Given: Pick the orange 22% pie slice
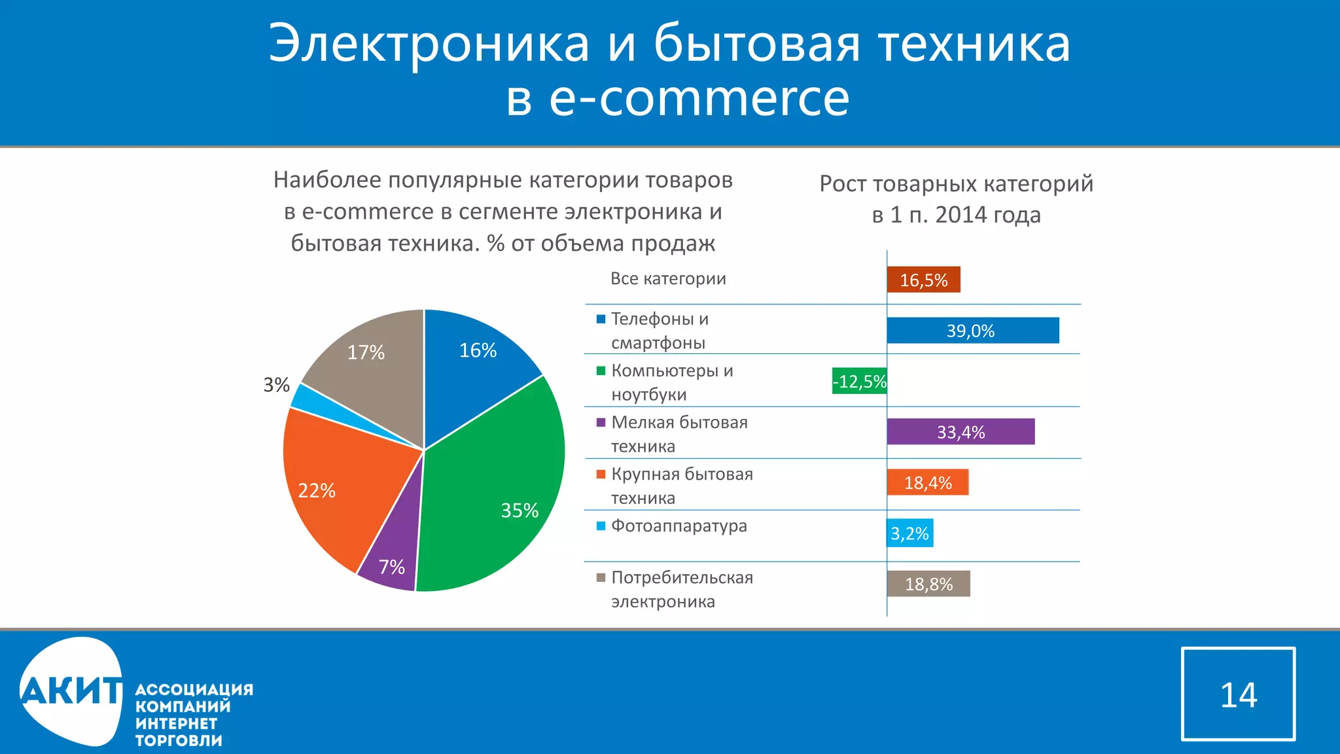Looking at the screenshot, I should pyautogui.click(x=334, y=484).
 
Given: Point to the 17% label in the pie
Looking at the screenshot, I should pyautogui.click(x=366, y=352).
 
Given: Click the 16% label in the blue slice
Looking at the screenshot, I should pyautogui.click(x=478, y=350).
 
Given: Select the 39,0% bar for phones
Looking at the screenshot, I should pyautogui.click(x=972, y=331).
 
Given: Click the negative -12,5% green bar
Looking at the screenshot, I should pyautogui.click(x=859, y=381).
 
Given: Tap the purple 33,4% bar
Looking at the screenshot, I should pyautogui.click(x=961, y=432).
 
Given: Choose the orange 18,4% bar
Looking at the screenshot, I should pyautogui.click(x=927, y=482).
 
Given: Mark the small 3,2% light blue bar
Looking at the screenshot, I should pyautogui.click(x=909, y=533).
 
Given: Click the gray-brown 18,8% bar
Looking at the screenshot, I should pyautogui.click(x=928, y=584).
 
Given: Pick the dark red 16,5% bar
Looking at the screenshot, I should pyautogui.click(x=923, y=279).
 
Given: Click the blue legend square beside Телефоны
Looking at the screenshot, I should pyautogui.click(x=601, y=319).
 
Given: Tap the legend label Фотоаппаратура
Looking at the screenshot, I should pyautogui.click(x=679, y=526).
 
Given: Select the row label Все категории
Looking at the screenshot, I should pyautogui.click(x=668, y=278).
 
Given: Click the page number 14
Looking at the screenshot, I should pyautogui.click(x=1238, y=694).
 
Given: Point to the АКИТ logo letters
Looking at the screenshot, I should pyautogui.click(x=71, y=691).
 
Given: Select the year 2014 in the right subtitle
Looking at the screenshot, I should pyautogui.click(x=961, y=215).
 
